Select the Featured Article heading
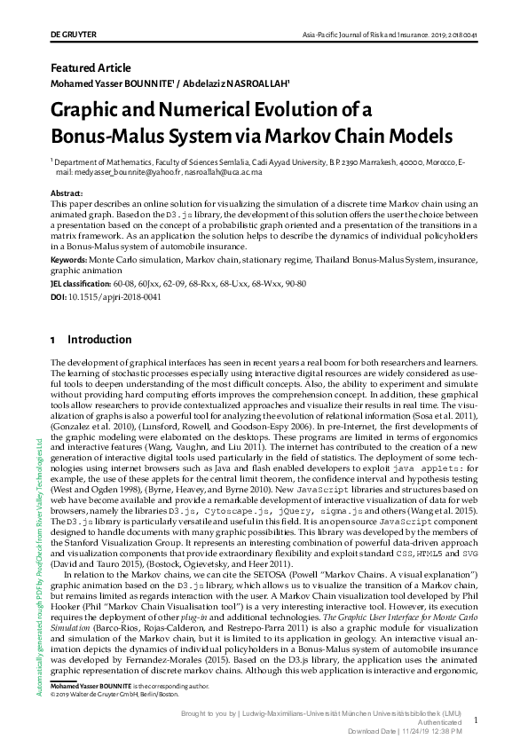pyautogui.click(x=91, y=68)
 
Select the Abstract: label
pyautogui.click(x=67, y=193)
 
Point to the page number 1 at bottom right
pyautogui.click(x=476, y=721)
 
